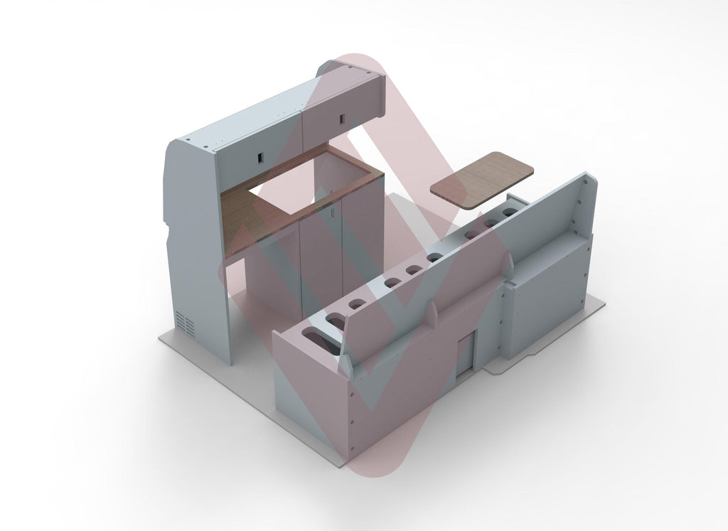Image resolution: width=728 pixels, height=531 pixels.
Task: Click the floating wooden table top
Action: tap(482, 179)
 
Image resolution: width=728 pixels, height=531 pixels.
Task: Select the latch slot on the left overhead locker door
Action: tap(259, 156)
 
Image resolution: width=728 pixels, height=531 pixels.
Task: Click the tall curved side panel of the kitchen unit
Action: tap(196, 242)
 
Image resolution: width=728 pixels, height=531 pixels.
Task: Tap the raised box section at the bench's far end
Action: tap(547, 291)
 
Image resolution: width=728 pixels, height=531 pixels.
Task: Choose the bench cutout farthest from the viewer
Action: tap(510, 212)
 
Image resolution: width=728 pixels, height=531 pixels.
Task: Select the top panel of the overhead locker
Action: tap(256, 114)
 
